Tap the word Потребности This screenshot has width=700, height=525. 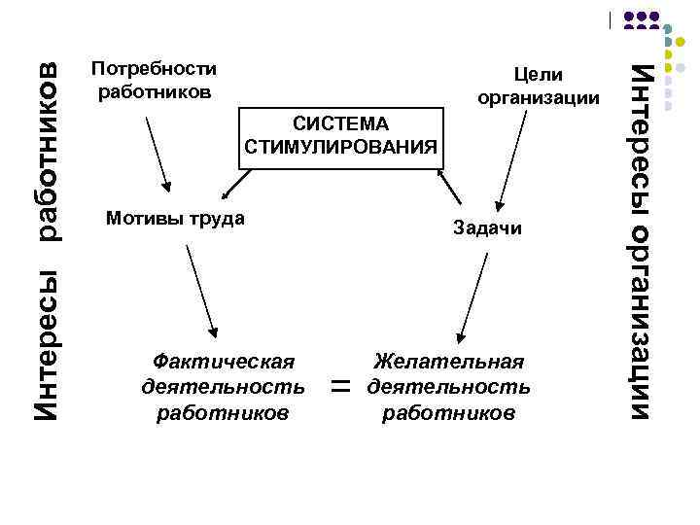(153, 69)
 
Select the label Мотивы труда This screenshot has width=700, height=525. (174, 218)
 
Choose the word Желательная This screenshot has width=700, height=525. (448, 362)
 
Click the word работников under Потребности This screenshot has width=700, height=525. (153, 92)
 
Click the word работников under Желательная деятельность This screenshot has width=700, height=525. (448, 412)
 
